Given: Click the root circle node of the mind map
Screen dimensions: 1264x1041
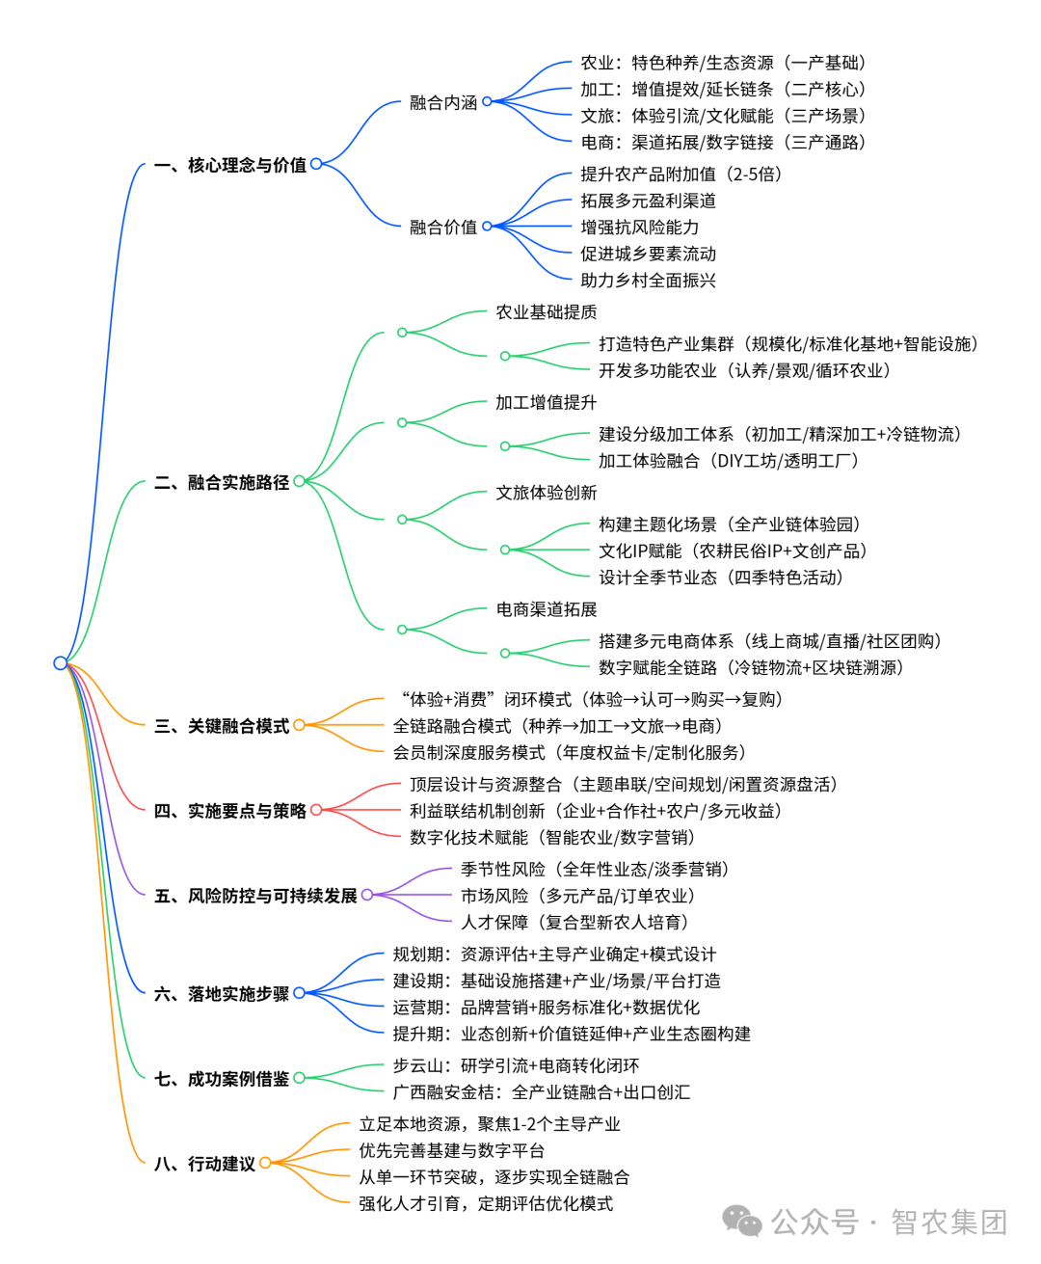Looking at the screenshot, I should click(x=61, y=662).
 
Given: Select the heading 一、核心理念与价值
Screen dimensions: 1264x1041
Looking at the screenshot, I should click(x=230, y=165).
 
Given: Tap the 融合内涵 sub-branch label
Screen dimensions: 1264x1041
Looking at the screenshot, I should click(x=443, y=102).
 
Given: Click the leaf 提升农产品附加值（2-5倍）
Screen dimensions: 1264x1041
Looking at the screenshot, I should click(x=681, y=175).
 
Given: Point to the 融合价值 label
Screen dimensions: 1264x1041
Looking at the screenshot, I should click(x=443, y=228).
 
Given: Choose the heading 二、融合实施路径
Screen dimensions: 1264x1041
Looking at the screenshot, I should click(x=222, y=482).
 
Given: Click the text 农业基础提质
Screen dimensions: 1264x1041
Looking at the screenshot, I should click(x=546, y=312).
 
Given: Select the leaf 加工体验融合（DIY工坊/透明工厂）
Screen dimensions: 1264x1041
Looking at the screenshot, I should click(x=728, y=461).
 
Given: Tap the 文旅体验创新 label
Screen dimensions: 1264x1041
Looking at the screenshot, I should click(x=546, y=493).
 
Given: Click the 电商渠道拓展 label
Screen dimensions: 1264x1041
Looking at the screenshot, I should click(x=546, y=609).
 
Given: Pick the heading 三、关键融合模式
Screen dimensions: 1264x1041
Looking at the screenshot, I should click(x=222, y=726).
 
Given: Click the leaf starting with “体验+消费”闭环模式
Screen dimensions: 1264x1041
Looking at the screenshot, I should click(x=591, y=700).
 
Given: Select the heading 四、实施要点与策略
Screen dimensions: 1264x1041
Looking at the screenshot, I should click(x=230, y=811).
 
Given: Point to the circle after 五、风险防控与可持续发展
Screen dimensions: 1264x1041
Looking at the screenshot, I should click(x=367, y=896).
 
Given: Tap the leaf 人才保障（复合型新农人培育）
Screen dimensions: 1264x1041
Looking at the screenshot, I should click(x=574, y=923).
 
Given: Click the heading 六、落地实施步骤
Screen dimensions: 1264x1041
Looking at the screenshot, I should click(x=222, y=994).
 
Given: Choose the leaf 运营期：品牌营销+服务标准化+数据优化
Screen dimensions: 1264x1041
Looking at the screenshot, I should click(x=546, y=1008).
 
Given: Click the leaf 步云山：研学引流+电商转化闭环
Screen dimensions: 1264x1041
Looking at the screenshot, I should click(x=516, y=1066).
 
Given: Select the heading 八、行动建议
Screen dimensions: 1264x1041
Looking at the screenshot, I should click(x=204, y=1164).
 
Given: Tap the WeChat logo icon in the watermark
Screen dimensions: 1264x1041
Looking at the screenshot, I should click(x=742, y=1222).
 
